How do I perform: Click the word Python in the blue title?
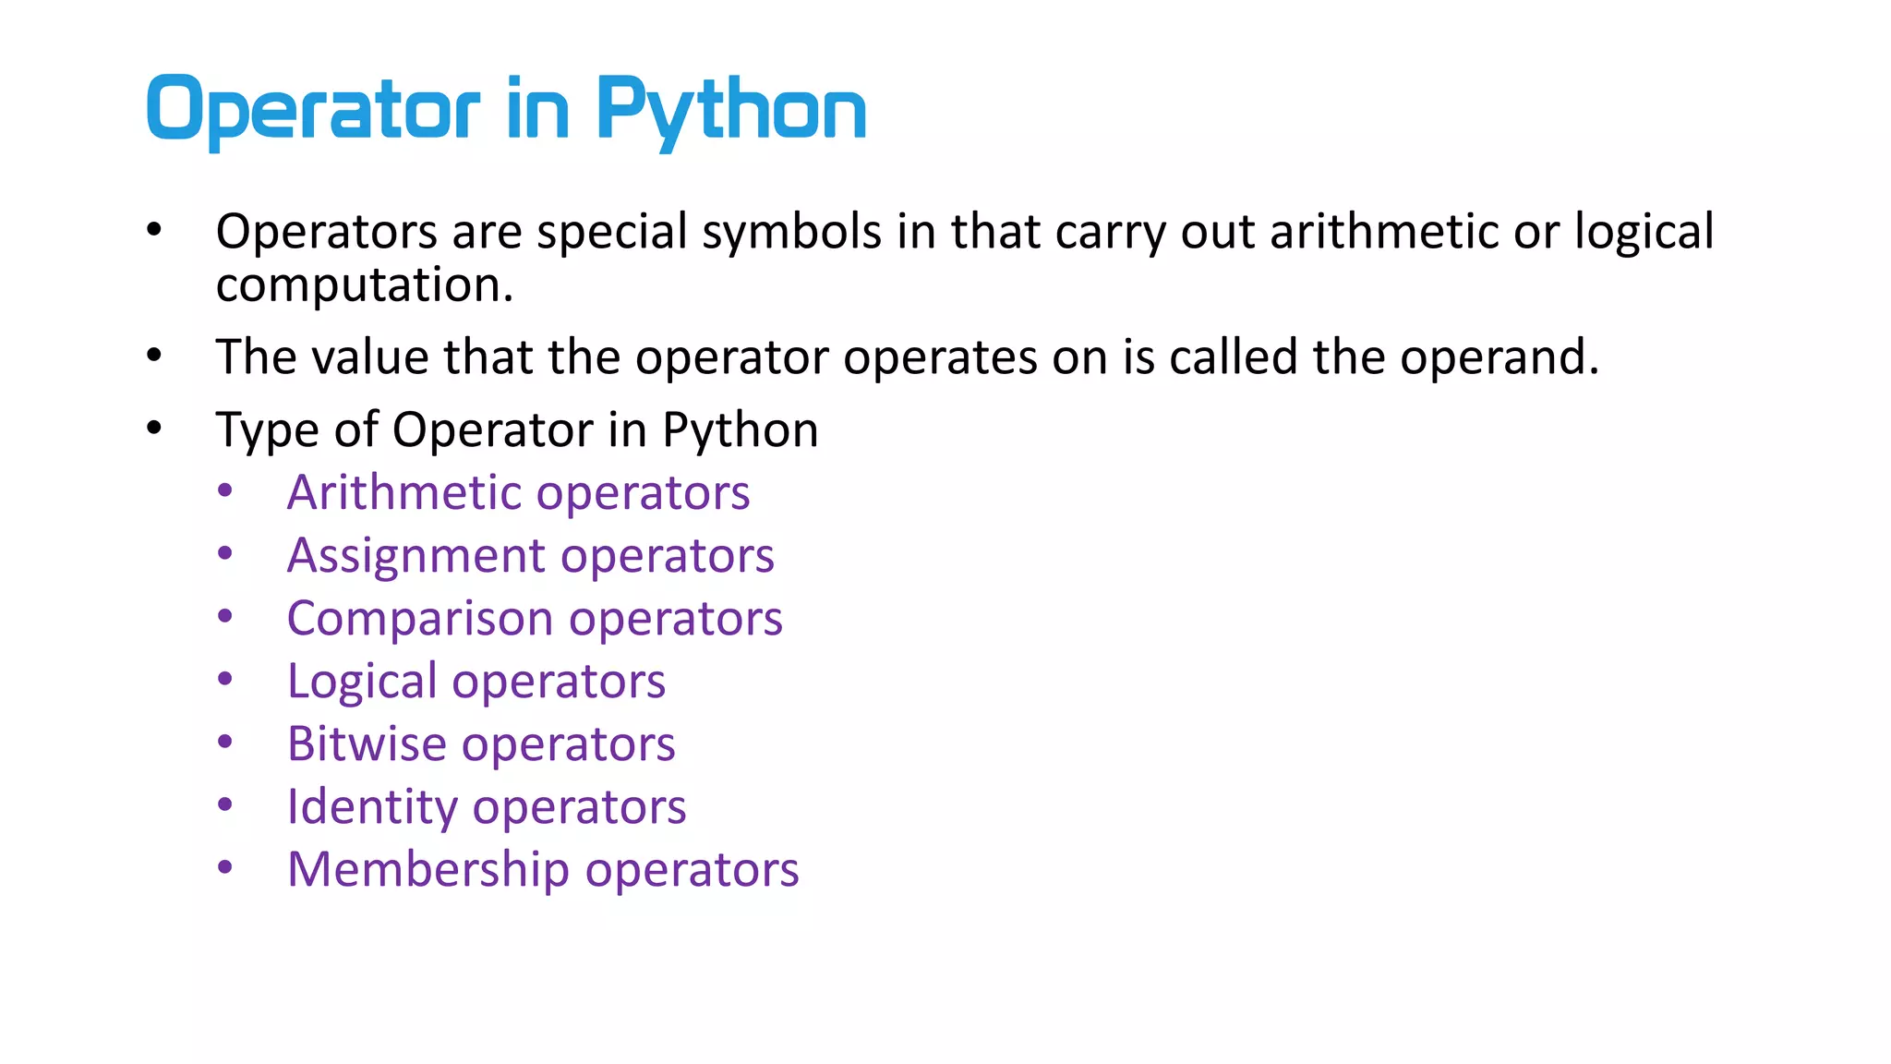click(x=730, y=111)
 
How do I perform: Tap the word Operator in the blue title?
click(x=313, y=111)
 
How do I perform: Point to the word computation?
click(x=364, y=285)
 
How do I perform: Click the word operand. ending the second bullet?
click(x=1499, y=357)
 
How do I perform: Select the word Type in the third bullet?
click(x=267, y=430)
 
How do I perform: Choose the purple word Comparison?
click(x=420, y=619)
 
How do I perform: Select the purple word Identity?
click(x=371, y=807)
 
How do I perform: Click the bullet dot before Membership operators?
click(x=225, y=867)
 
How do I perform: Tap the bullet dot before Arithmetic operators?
click(x=225, y=491)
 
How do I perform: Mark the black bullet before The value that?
click(x=154, y=354)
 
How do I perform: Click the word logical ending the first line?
click(x=1644, y=231)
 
